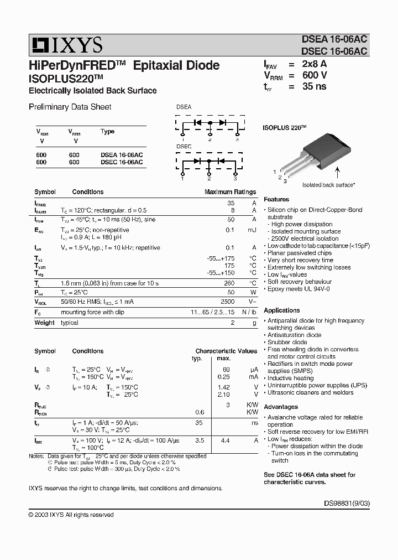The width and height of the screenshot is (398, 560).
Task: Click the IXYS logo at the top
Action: (x=66, y=45)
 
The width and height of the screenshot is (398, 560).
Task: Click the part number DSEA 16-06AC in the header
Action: (x=333, y=39)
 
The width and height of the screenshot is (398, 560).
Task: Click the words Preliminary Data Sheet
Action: (x=70, y=107)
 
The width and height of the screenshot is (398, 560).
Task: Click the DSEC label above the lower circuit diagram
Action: (x=184, y=147)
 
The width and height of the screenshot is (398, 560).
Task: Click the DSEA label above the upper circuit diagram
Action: (x=184, y=107)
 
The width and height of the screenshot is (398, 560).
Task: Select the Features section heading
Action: (x=276, y=199)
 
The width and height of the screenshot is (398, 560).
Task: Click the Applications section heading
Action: (x=282, y=310)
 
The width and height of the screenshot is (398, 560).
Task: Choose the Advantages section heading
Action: (x=281, y=407)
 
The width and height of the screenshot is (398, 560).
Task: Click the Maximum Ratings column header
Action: (x=230, y=192)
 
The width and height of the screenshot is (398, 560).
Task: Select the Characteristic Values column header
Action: (x=226, y=351)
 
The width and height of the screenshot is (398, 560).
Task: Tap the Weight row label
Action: (x=44, y=323)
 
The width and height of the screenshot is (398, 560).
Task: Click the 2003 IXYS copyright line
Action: (x=71, y=515)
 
